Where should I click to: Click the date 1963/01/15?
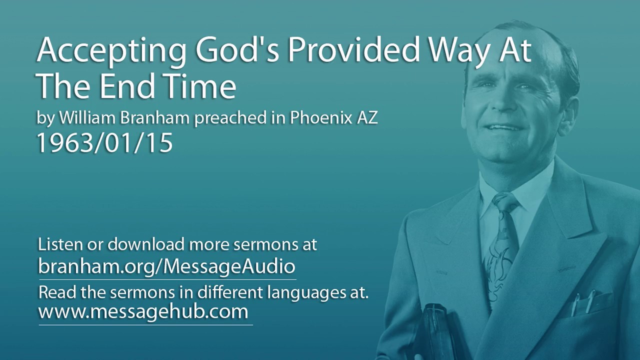(x=105, y=143)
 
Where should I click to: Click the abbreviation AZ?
(x=368, y=118)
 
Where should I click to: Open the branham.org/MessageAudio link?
(x=166, y=265)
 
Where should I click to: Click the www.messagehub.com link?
(x=143, y=311)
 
